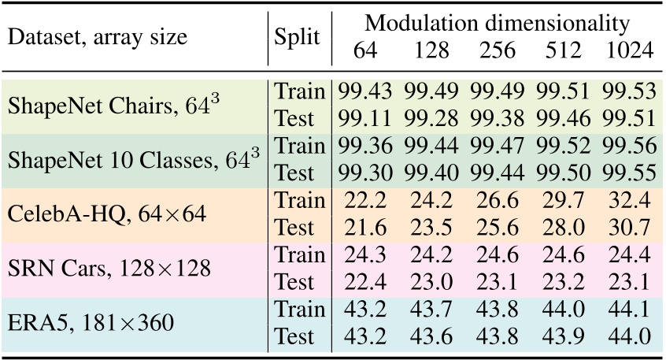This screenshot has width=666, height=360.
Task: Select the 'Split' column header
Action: (298, 37)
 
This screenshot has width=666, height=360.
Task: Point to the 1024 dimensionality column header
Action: (630, 50)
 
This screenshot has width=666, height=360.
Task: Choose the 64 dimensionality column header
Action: (364, 50)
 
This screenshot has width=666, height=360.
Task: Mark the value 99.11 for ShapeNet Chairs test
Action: (364, 119)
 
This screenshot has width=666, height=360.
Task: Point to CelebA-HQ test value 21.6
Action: (364, 228)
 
